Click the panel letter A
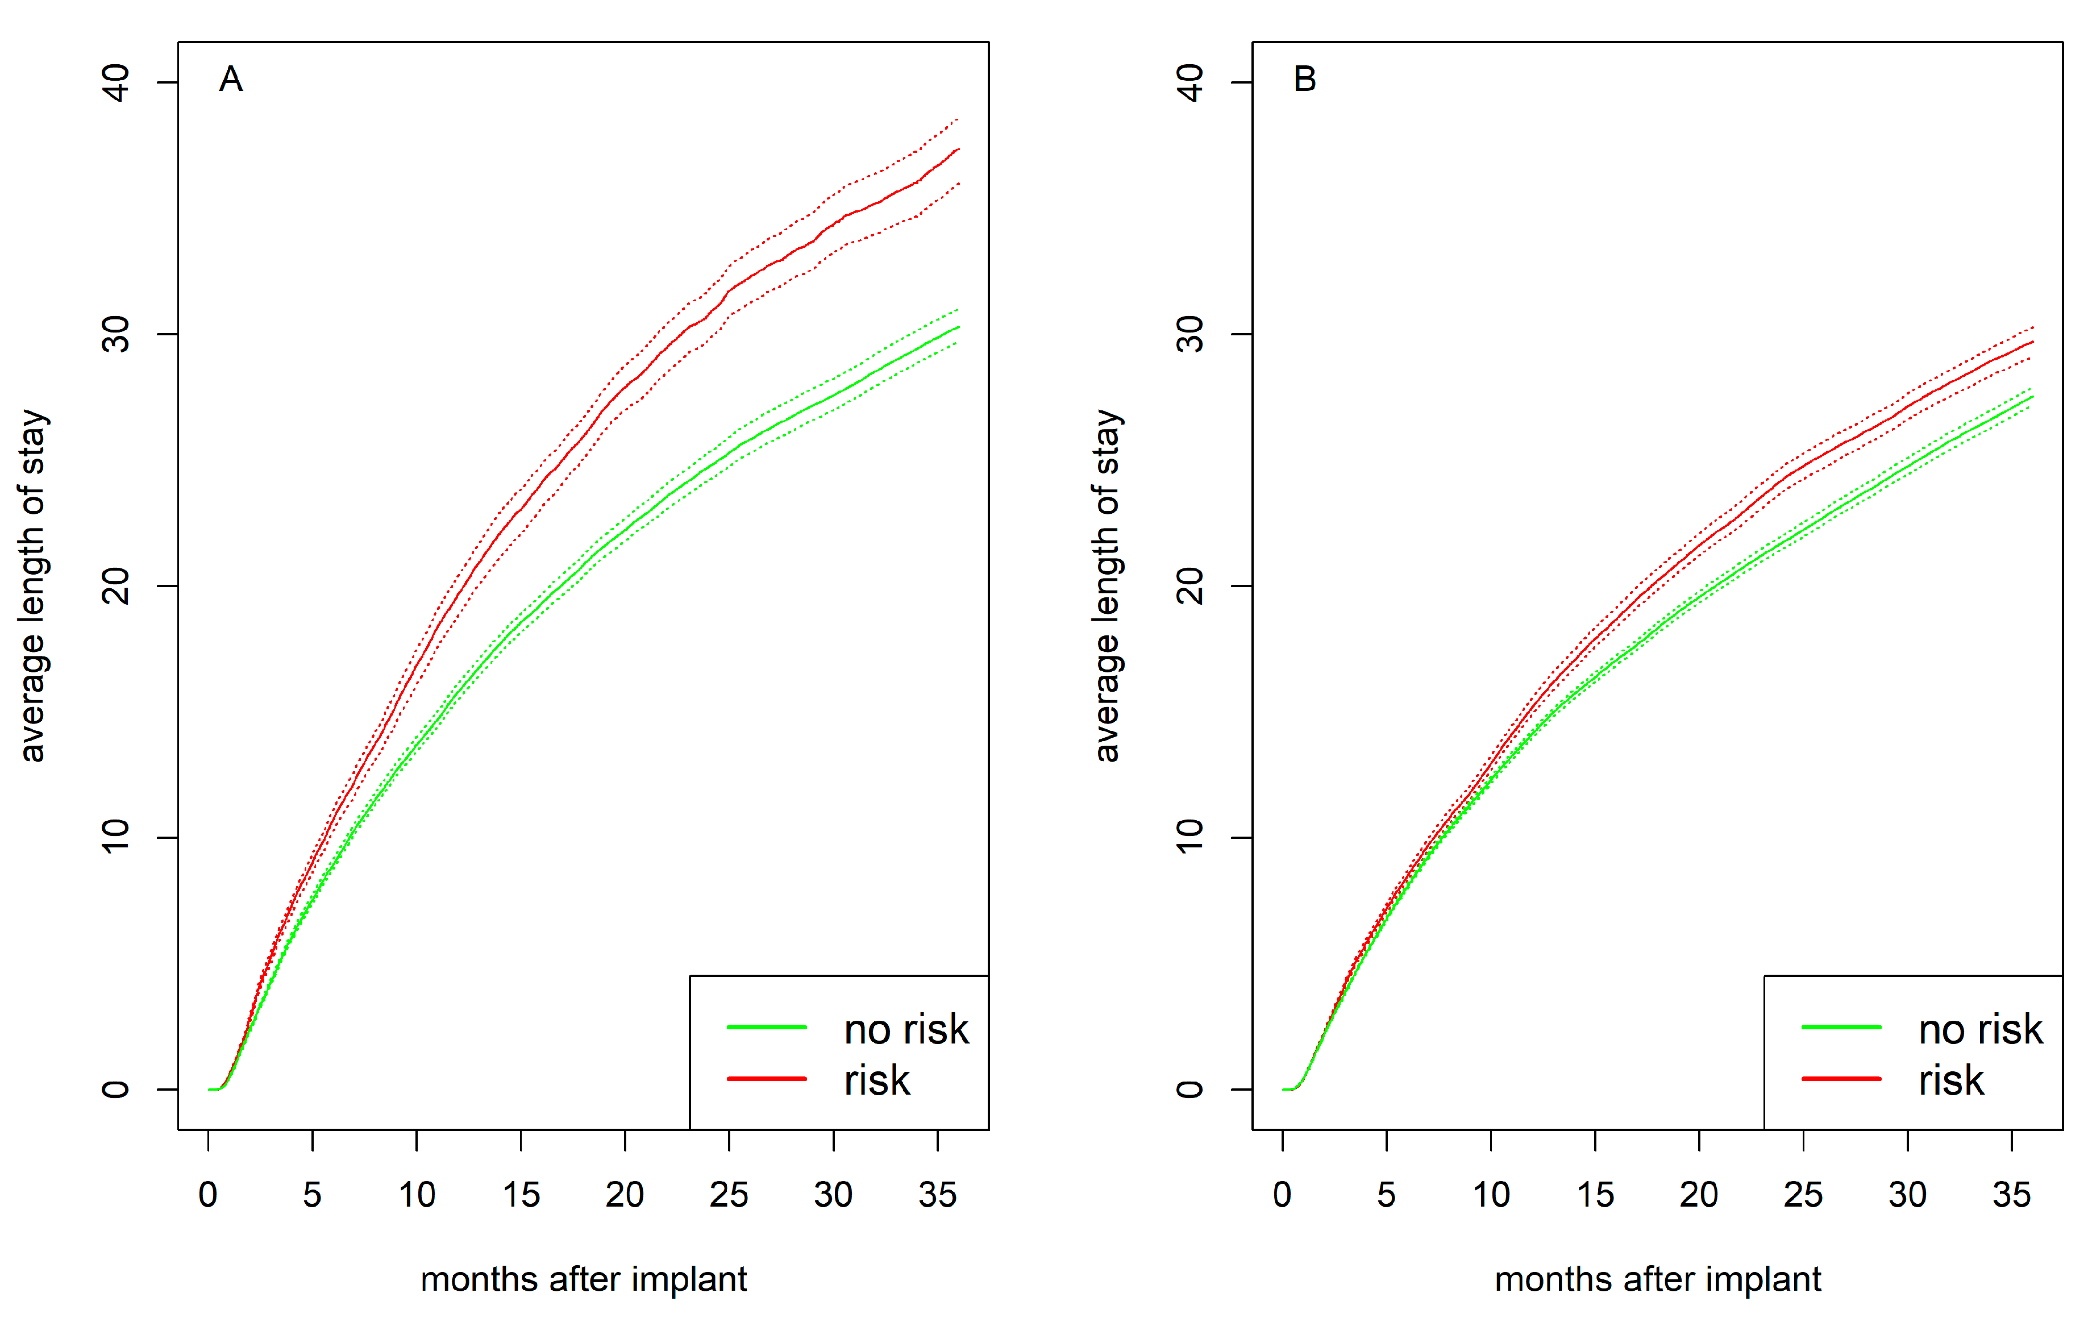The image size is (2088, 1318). point(231,79)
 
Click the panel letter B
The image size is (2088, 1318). point(1304,79)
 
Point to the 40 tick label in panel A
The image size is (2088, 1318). point(115,82)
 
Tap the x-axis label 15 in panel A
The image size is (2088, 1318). point(520,1195)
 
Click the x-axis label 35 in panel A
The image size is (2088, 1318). point(937,1195)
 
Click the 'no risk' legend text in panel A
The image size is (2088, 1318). point(906,1029)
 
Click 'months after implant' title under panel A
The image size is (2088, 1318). point(584,1279)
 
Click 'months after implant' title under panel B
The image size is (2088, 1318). point(1657,1279)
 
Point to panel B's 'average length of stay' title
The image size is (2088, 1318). point(1107,586)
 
